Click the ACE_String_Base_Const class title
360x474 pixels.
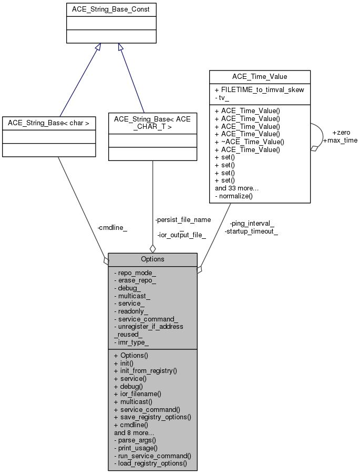coord(111,9)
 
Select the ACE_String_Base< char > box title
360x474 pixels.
coord(49,123)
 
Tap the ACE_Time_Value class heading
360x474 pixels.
coord(260,77)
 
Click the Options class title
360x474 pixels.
coord(152,259)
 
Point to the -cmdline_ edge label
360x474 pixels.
coord(112,228)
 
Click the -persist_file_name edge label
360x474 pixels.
coord(183,219)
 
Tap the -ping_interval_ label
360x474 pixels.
coord(252,223)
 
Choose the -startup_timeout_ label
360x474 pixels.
coord(251,231)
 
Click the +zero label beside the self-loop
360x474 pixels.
coord(341,132)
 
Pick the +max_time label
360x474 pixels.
coord(340,140)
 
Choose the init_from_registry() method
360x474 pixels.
coord(146,370)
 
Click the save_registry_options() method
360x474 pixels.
coord(152,417)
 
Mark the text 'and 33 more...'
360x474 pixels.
coord(238,188)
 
